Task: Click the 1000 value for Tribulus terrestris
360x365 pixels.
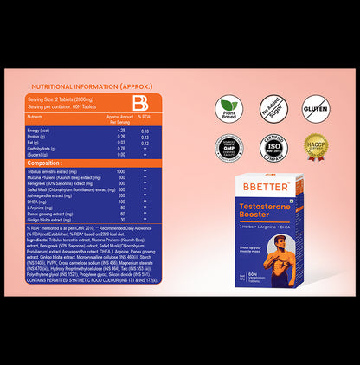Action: coord(120,172)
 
